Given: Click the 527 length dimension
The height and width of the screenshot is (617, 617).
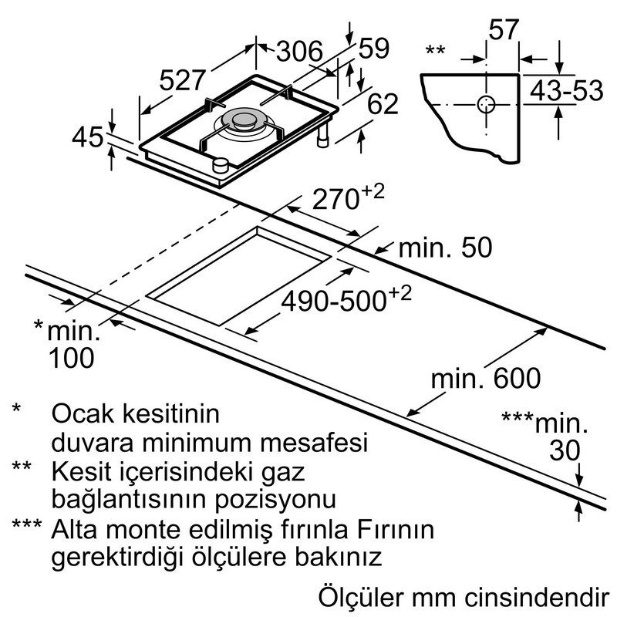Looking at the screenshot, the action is (183, 80).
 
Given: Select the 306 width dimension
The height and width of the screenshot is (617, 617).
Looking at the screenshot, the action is (299, 51).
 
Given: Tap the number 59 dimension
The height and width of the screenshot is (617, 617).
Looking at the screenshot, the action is (374, 48).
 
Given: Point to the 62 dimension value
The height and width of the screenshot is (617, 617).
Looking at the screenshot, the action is (383, 103).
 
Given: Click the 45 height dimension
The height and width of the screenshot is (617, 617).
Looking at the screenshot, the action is (88, 137).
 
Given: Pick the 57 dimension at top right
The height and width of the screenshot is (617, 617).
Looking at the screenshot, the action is (504, 29).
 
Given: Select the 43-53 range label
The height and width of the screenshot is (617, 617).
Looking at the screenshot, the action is (567, 90).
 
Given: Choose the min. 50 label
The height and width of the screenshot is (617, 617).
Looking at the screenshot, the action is (445, 248).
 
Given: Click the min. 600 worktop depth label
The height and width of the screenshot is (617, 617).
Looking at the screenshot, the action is (486, 378).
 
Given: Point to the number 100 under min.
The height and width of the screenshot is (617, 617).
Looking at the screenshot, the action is (71, 358).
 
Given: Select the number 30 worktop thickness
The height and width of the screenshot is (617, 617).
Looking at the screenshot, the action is (565, 450).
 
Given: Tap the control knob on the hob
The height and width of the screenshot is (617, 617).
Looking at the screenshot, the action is (221, 165).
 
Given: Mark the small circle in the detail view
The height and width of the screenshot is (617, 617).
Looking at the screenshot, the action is (486, 105).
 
